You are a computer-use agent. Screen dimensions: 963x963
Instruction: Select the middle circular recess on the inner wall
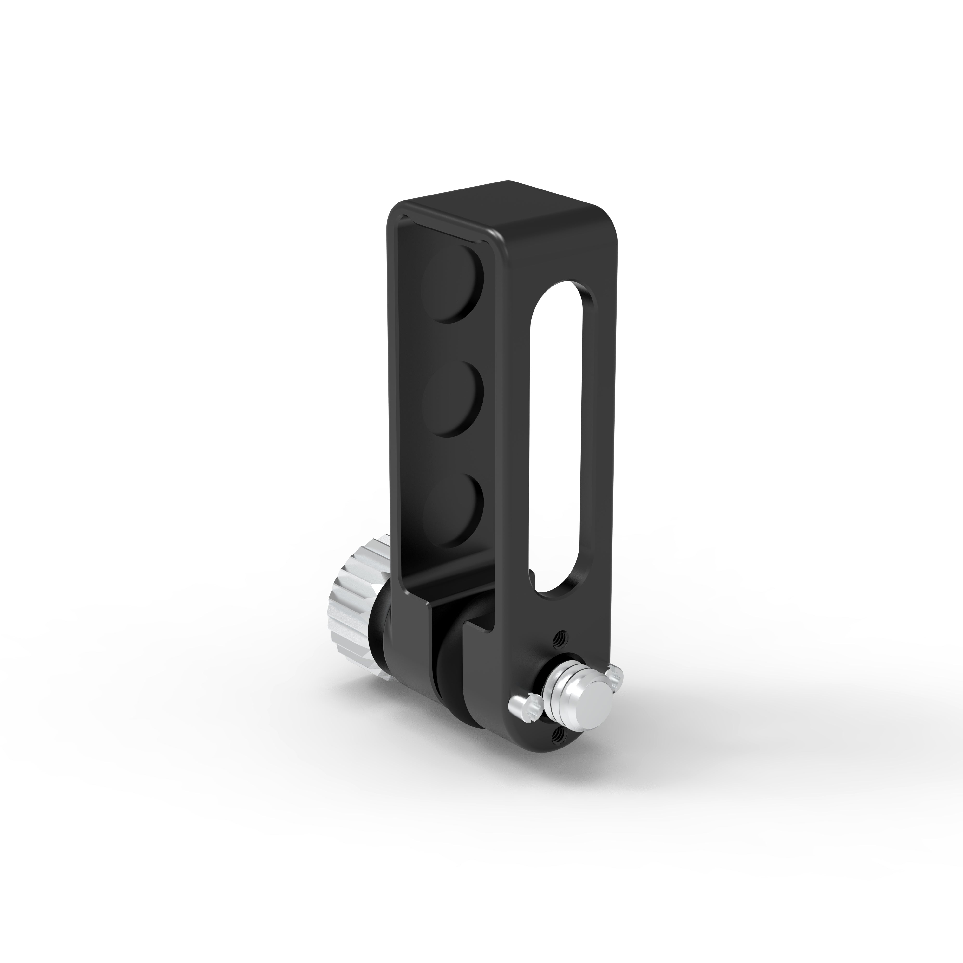[453, 399]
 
